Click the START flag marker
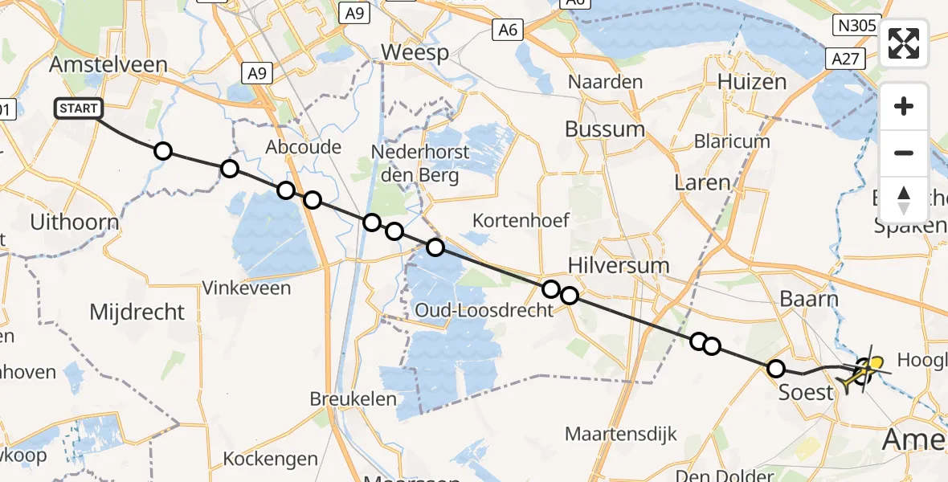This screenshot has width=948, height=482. coord(78,108)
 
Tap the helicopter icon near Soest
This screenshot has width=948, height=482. coord(861,372)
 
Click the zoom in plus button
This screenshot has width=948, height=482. coord(904,106)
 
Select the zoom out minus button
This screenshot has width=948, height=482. coord(904,153)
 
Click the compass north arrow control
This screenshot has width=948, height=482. coord(904,199)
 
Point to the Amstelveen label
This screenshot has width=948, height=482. coord(108,65)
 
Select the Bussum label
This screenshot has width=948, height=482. coord(604,129)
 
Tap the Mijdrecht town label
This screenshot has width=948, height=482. coord(137,312)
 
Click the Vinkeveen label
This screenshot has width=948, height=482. coord(247,288)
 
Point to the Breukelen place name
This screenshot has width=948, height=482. coord(353,398)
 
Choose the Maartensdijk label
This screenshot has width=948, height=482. coord(621,435)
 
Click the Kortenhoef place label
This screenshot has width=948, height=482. coord(521,219)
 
